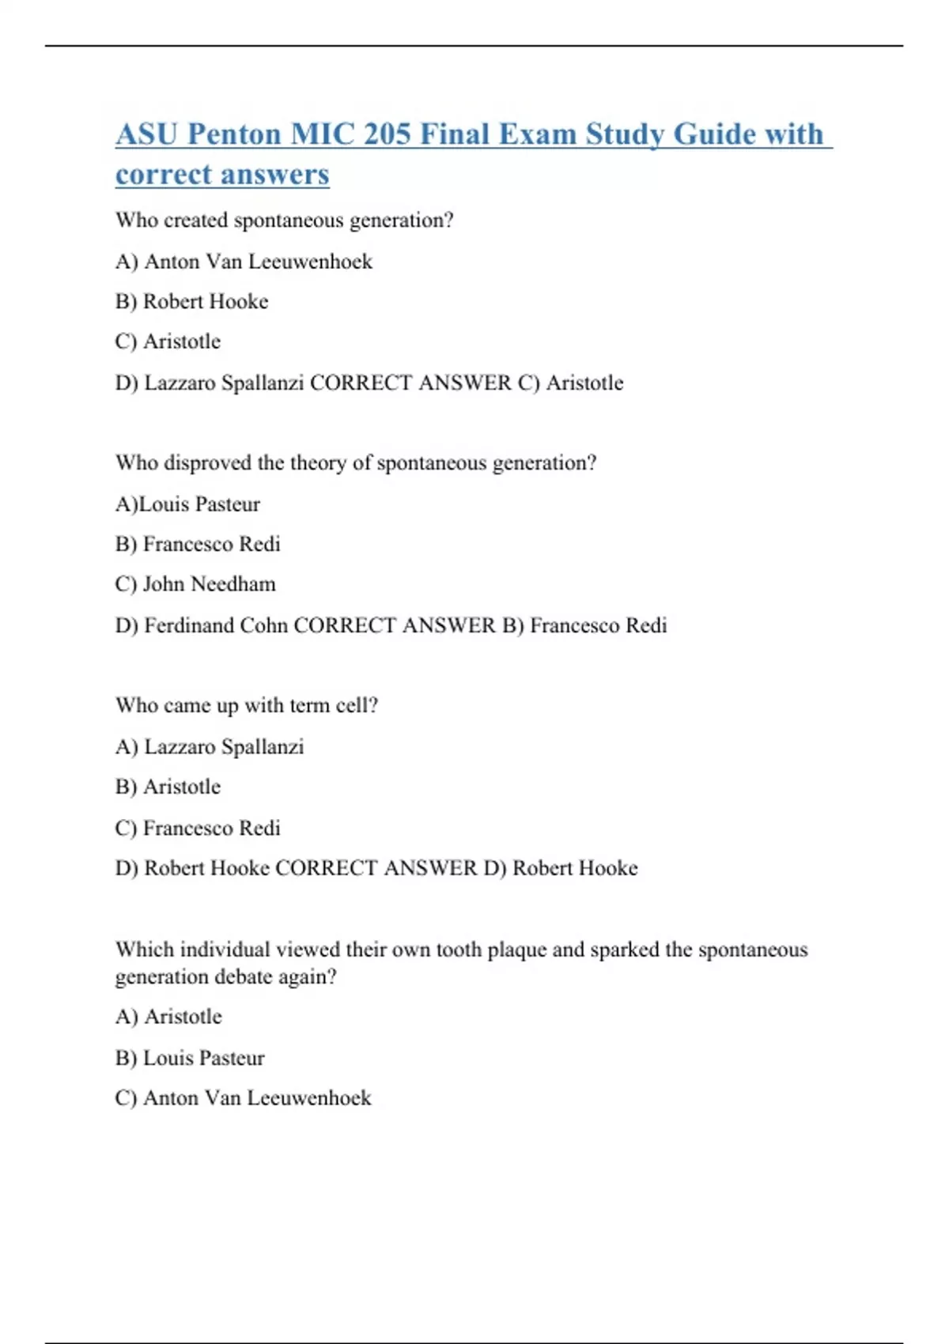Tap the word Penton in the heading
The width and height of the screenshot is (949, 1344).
[x=234, y=134]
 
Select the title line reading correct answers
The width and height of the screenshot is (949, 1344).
[x=222, y=175]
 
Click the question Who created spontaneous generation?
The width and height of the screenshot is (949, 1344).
[x=284, y=221]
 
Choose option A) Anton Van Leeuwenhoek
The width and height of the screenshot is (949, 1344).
[x=244, y=262]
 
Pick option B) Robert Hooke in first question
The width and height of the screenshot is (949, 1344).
[x=191, y=302]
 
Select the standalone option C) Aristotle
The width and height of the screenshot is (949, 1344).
[x=168, y=342]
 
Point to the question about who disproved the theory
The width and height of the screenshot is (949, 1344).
[x=356, y=463]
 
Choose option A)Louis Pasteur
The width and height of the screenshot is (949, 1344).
[x=187, y=504]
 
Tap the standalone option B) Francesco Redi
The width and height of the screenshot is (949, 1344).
[x=198, y=545]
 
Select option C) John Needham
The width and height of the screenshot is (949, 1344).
[x=195, y=584]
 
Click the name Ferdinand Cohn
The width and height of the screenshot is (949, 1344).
[x=216, y=626]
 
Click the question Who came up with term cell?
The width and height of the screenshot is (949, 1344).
[x=247, y=705]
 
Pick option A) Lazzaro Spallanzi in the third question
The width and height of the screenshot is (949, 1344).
[x=210, y=747]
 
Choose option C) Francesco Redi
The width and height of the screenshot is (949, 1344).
[x=198, y=829]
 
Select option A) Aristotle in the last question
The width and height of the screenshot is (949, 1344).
[x=168, y=1017]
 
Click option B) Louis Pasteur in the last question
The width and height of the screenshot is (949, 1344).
[x=190, y=1059]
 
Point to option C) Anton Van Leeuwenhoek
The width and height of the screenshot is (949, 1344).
[x=243, y=1098]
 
